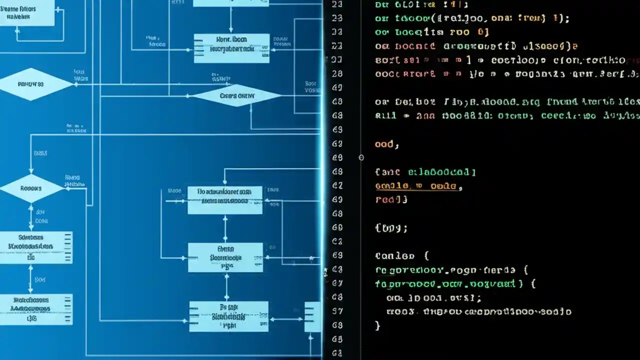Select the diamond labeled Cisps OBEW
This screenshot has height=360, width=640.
[x=236, y=95]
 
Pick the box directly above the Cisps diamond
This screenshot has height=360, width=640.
[x=231, y=48]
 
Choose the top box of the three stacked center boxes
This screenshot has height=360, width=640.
[x=225, y=200]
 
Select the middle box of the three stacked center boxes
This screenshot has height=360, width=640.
[x=225, y=257]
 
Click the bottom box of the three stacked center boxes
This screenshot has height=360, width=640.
[x=228, y=316]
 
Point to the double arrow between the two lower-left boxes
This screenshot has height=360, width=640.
[x=31, y=278]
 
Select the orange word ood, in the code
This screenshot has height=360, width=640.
[x=386, y=144]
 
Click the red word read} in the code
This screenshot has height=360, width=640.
[x=391, y=199]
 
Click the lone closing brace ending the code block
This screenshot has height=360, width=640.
[x=377, y=325]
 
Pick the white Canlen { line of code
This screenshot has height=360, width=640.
[x=401, y=256]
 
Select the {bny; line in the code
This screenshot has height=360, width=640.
[x=391, y=228]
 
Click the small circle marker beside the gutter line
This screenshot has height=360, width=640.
[x=361, y=157]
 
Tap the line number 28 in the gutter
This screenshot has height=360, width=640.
[x=337, y=73]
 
